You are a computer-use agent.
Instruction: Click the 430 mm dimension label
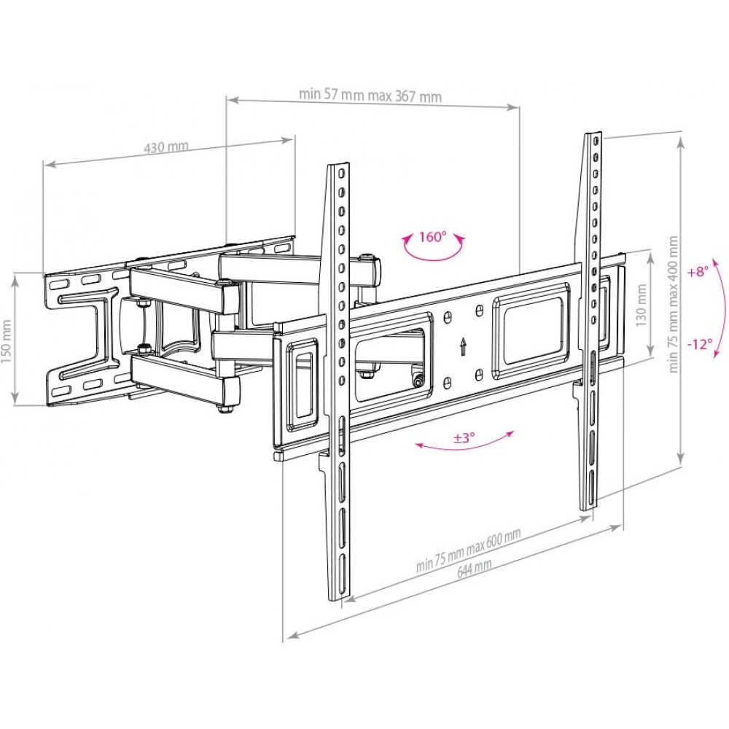click(x=166, y=147)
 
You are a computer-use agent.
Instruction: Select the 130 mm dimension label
click(x=642, y=305)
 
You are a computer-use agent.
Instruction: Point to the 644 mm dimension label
click(x=474, y=568)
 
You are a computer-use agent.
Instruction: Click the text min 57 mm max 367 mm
click(x=370, y=95)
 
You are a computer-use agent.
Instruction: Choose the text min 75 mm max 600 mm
click(x=468, y=550)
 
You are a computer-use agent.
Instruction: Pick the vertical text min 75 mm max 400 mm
click(x=673, y=305)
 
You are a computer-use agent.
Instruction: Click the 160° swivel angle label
click(x=432, y=237)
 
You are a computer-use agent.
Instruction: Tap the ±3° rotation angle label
click(x=464, y=437)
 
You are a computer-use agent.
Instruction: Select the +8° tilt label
click(x=699, y=271)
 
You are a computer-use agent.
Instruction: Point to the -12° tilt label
click(x=700, y=345)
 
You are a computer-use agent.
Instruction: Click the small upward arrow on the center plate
click(x=463, y=346)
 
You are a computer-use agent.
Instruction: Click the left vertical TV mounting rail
click(x=340, y=381)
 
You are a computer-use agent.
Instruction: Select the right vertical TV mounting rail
click(x=590, y=321)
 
